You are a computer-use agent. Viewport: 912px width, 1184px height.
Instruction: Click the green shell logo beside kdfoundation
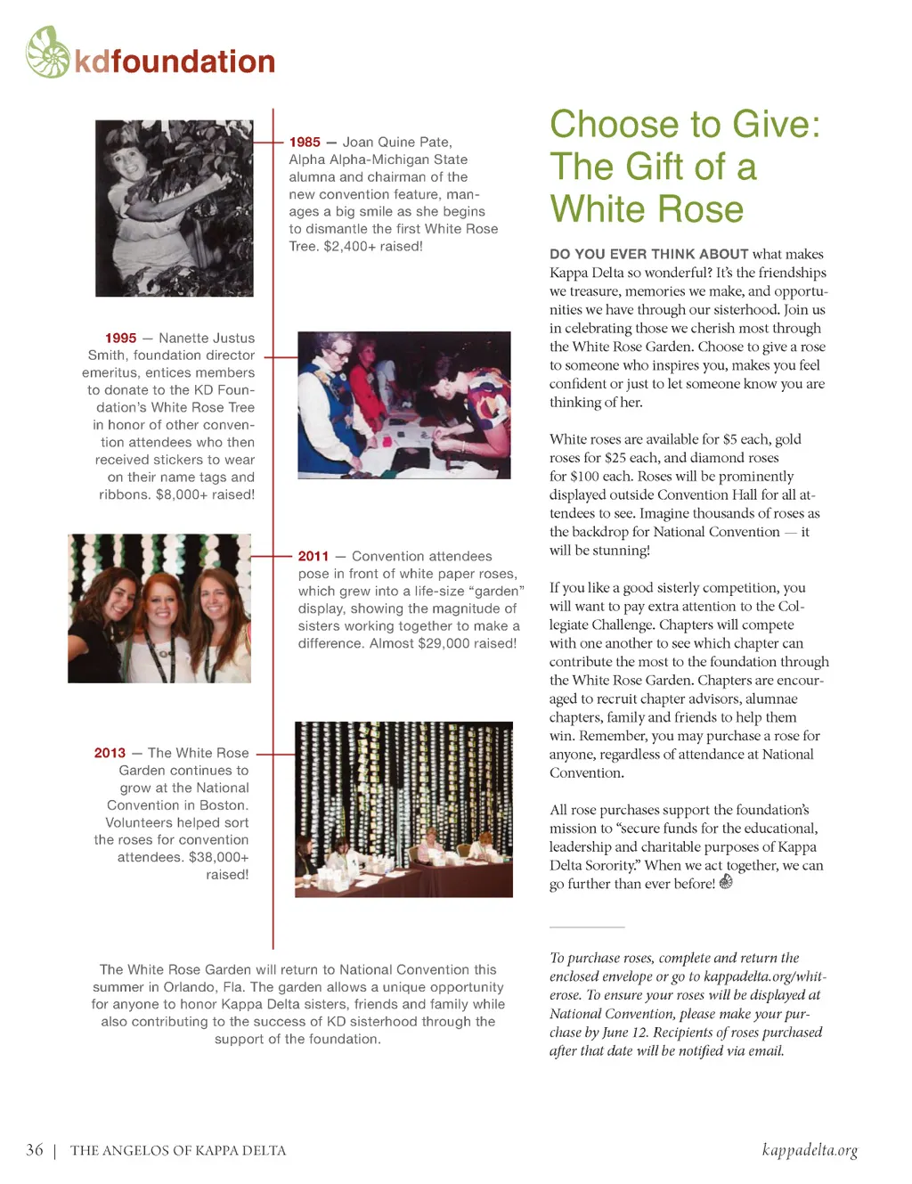click(x=48, y=53)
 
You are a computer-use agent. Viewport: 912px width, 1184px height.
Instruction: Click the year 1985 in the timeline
click(x=305, y=143)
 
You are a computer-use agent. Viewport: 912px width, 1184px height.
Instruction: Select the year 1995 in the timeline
click(x=120, y=339)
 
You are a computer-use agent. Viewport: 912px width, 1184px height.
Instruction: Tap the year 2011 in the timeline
click(x=313, y=557)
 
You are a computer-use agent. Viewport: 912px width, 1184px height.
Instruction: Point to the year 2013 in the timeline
click(x=110, y=754)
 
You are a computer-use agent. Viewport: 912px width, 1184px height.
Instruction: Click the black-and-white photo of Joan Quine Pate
click(x=174, y=208)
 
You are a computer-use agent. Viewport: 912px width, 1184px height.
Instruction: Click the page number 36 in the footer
click(x=35, y=1150)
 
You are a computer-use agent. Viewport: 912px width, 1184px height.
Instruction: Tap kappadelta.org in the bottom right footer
click(x=810, y=1150)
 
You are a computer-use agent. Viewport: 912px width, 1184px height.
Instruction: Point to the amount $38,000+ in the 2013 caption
click(x=218, y=858)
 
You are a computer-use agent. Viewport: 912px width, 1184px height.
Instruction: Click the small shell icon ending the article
click(x=726, y=882)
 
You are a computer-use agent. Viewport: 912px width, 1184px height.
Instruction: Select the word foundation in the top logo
click(x=193, y=61)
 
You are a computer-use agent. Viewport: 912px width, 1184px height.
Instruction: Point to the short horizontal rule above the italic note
click(x=587, y=927)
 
